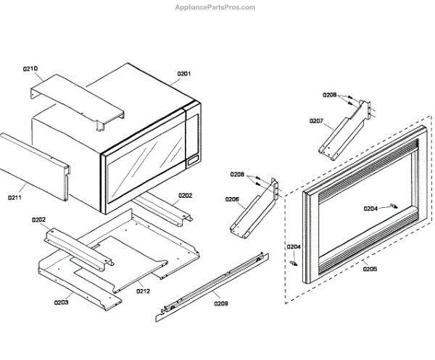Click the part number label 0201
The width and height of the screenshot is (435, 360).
click(183, 73)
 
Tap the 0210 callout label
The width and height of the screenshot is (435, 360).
click(30, 69)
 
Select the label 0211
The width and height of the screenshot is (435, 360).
click(15, 196)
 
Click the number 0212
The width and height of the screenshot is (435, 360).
click(144, 291)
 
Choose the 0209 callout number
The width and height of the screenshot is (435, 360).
click(220, 304)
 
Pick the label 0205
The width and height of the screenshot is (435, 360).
click(370, 269)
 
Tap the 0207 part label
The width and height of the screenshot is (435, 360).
click(316, 120)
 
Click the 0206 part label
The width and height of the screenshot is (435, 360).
click(232, 198)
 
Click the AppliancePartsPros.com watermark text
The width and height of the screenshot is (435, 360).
click(216, 7)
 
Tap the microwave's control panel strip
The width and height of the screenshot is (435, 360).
click(193, 138)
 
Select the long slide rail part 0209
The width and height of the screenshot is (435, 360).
click(210, 283)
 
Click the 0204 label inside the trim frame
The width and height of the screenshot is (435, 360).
click(370, 209)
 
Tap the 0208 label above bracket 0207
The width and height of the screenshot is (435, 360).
click(330, 95)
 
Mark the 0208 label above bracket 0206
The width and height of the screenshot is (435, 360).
click(237, 175)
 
